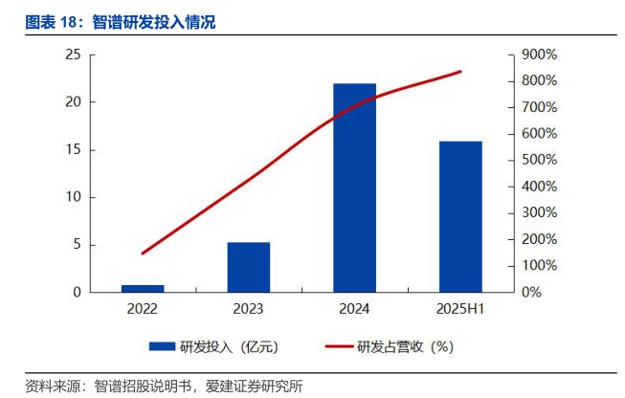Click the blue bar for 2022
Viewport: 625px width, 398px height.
click(143, 288)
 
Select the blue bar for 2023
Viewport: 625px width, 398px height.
click(248, 267)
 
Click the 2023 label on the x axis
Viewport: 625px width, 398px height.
click(248, 309)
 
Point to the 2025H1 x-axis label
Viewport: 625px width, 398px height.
click(460, 309)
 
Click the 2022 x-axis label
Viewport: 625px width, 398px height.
click(143, 309)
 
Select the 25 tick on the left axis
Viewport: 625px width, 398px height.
click(73, 55)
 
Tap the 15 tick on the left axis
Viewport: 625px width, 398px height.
click(73, 150)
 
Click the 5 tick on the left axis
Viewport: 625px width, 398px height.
click(77, 245)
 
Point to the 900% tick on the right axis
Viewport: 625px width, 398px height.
click(539, 55)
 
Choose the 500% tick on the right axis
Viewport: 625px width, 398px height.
click(539, 160)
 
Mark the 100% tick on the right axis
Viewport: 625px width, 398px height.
click(539, 265)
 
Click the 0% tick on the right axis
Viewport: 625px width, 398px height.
click(532, 292)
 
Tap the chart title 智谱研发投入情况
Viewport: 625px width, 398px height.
click(154, 22)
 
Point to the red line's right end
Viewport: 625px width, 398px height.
click(460, 72)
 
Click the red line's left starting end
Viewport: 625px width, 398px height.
click(143, 254)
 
